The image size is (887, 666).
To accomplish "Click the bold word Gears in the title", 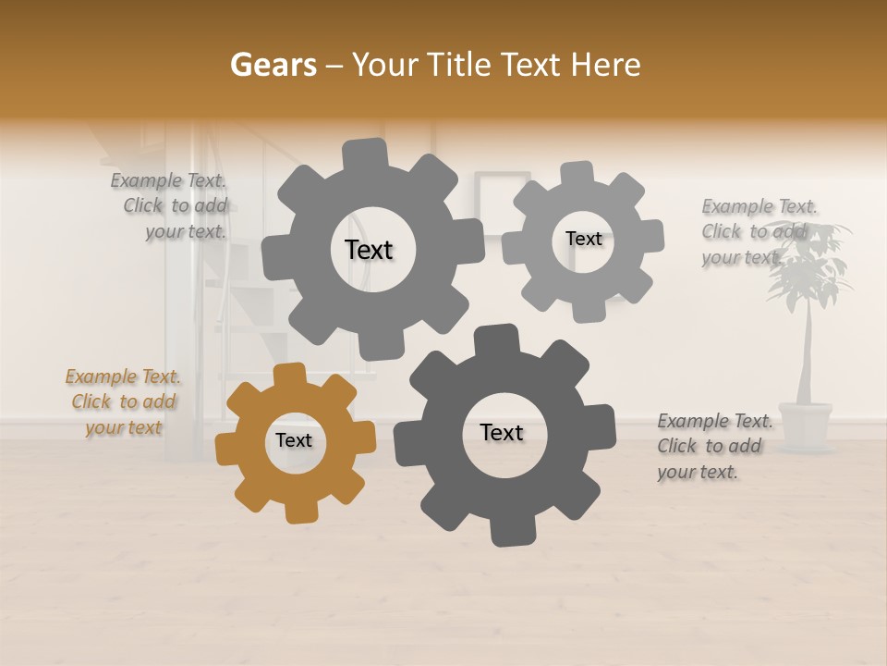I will [x=272, y=65].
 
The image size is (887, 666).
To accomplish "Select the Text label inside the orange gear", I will [x=294, y=440].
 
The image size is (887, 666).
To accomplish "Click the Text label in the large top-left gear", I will [x=369, y=250].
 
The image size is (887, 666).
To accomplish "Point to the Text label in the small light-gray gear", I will [x=583, y=239].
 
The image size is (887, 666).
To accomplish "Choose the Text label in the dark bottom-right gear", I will [x=502, y=432].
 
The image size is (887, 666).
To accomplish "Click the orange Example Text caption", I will [x=124, y=402].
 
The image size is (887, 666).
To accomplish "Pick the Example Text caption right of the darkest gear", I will [x=713, y=446].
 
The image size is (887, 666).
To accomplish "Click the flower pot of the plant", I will [x=805, y=425].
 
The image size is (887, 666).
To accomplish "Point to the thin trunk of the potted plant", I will [x=808, y=356].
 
